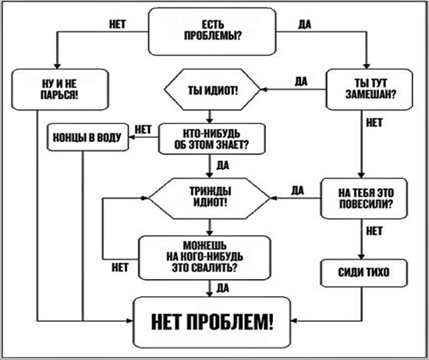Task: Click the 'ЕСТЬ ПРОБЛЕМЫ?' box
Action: coord(213,34)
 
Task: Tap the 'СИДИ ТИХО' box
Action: coord(360,273)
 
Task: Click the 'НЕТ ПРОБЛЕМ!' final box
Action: coord(213,323)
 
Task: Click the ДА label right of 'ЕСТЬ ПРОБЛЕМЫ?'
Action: coord(305,23)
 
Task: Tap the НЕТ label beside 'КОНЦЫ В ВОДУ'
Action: coord(144,128)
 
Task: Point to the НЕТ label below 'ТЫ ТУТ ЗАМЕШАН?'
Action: coord(374,122)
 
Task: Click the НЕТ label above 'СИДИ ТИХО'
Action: coord(374,231)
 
